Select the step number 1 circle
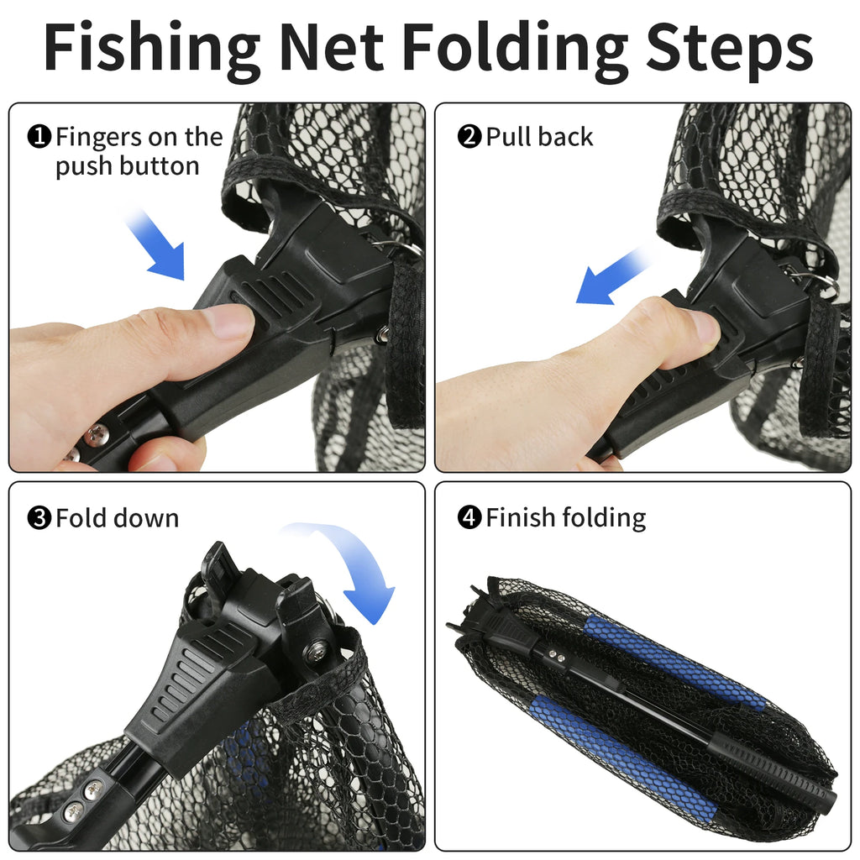40,137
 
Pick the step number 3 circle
40,518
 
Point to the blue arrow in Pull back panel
612,275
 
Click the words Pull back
539,137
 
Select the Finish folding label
565,518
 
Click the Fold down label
117,518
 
